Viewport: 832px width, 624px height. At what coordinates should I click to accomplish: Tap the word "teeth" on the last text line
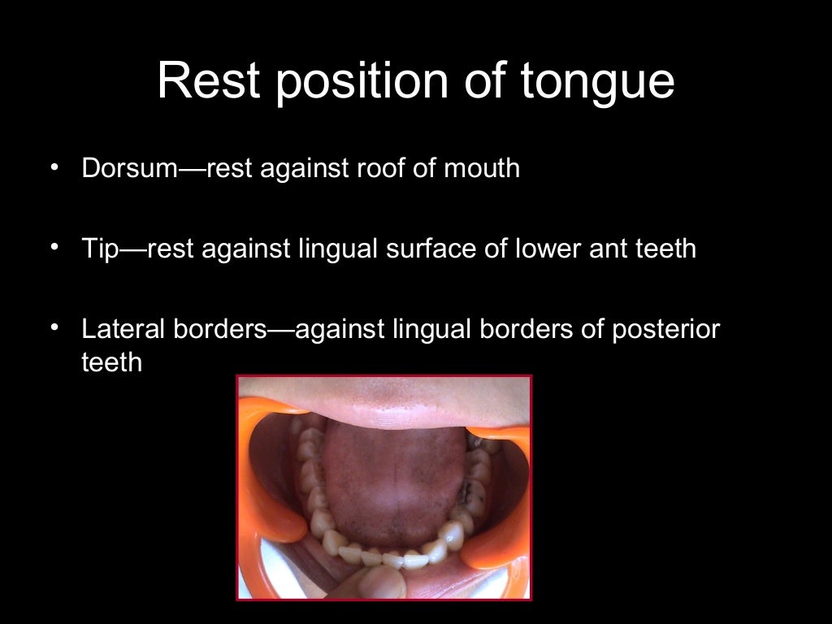(x=111, y=362)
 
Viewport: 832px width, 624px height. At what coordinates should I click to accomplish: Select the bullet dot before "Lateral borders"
(x=54, y=327)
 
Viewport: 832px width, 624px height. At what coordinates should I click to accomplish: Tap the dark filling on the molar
(x=471, y=490)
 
